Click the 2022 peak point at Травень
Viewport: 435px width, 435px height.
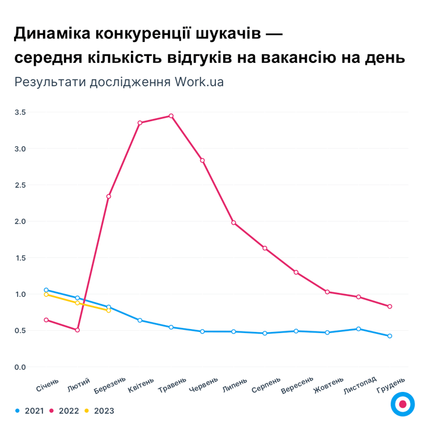[171, 116]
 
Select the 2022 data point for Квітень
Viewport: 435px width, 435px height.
[140, 122]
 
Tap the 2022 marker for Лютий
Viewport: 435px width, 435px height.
[78, 330]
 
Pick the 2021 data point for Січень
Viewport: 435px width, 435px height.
[46, 290]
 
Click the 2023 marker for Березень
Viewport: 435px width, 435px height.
[109, 310]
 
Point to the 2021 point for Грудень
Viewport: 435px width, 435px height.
[390, 336]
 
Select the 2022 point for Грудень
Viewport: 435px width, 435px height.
[390, 306]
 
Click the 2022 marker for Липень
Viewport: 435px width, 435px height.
[233, 223]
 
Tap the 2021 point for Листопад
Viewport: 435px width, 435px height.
[359, 329]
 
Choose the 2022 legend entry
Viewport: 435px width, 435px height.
[65, 411]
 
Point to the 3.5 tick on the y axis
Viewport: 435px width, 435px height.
[20, 112]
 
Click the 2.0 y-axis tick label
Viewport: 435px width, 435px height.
[20, 221]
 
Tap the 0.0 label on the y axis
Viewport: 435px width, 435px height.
[20, 367]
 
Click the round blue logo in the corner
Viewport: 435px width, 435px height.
[403, 404]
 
